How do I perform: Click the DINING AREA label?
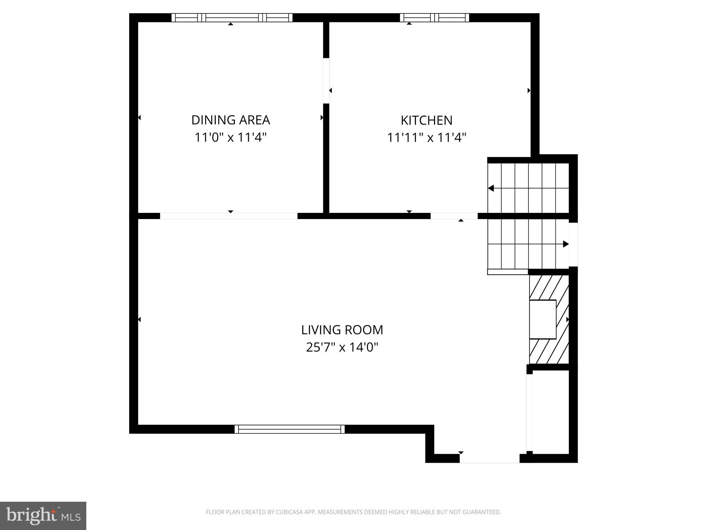pyautogui.click(x=230, y=120)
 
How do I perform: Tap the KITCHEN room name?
pyautogui.click(x=426, y=120)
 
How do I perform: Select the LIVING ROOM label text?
pyautogui.click(x=342, y=330)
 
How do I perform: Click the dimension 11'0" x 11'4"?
pyautogui.click(x=230, y=138)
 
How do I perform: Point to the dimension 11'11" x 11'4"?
pyautogui.click(x=426, y=138)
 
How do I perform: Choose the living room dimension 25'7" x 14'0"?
pyautogui.click(x=342, y=347)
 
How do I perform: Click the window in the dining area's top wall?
pyautogui.click(x=232, y=18)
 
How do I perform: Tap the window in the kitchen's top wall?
pyautogui.click(x=434, y=18)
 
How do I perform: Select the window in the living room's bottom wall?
pyautogui.click(x=289, y=429)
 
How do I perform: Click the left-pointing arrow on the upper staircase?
pyautogui.click(x=491, y=188)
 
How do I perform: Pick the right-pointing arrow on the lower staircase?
pyautogui.click(x=565, y=244)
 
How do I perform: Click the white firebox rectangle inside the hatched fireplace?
pyautogui.click(x=543, y=319)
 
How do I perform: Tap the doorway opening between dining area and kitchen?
pyautogui.click(x=326, y=81)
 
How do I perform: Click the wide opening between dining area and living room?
pyautogui.click(x=229, y=216)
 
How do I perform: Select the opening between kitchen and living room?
pyautogui.click(x=454, y=216)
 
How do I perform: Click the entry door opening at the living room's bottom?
pyautogui.click(x=489, y=458)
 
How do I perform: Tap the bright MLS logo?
pyautogui.click(x=43, y=516)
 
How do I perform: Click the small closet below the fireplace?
pyautogui.click(x=550, y=412)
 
